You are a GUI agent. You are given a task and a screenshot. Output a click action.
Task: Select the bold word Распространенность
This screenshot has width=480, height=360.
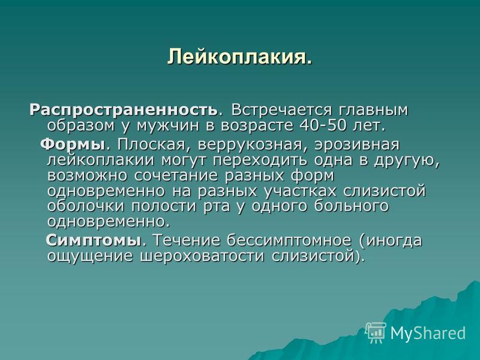coord(124,110)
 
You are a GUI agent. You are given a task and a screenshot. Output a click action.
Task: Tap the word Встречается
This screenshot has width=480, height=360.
coord(281,110)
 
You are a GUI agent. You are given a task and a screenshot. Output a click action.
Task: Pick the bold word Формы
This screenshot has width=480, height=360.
coord(73,145)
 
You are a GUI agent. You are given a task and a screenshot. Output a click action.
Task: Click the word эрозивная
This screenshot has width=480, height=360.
coord(357,145)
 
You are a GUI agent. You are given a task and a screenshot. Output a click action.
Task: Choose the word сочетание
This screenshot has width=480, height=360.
coord(176,176)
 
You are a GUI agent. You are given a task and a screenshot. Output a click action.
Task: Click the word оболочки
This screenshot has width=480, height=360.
coord(86,206)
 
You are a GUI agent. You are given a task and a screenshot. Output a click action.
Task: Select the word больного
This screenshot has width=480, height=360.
coord(352,206)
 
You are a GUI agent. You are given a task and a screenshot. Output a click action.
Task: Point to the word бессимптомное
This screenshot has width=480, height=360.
coord(289,241)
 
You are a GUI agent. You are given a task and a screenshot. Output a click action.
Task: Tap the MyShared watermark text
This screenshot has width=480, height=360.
coord(428,333)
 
